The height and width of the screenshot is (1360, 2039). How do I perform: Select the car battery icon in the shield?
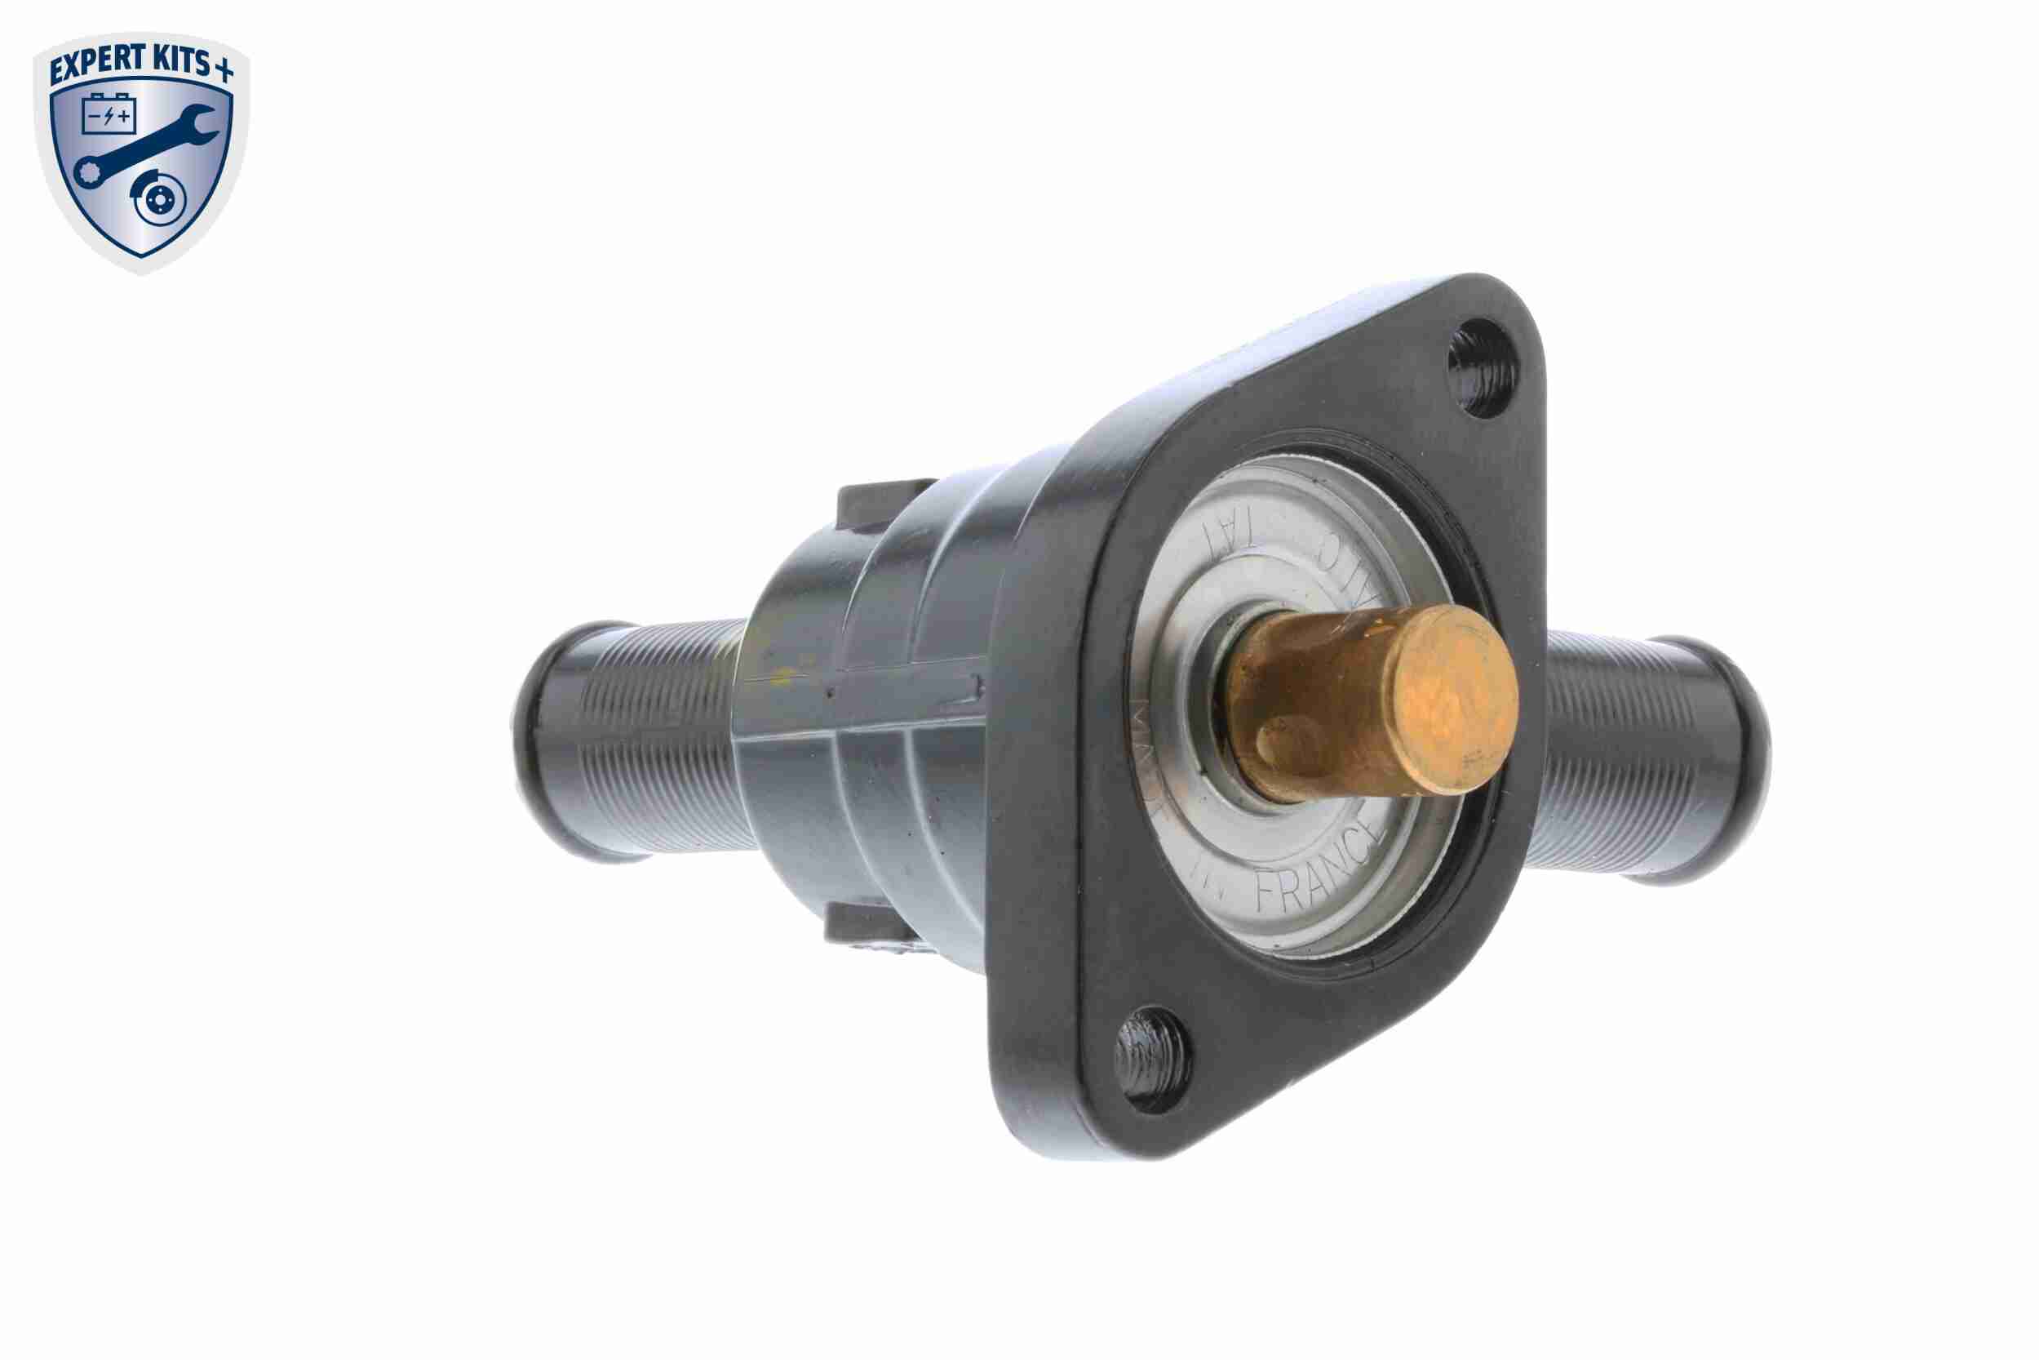(x=109, y=113)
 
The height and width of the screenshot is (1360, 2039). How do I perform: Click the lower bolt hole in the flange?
(x=1150, y=1059)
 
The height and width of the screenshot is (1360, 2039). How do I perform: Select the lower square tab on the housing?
(x=862, y=929)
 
